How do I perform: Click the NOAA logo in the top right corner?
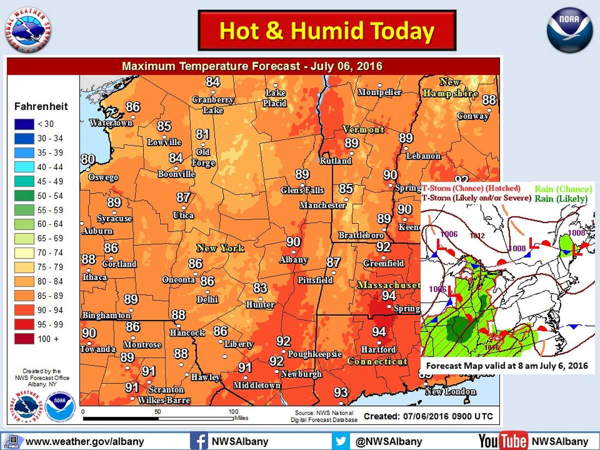pyautogui.click(x=569, y=30)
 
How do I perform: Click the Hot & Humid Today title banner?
pyautogui.click(x=327, y=30)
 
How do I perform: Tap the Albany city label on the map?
pyautogui.click(x=293, y=260)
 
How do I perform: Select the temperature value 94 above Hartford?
pyautogui.click(x=378, y=332)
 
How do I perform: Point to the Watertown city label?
pyautogui.click(x=111, y=123)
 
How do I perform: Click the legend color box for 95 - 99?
pyautogui.click(x=24, y=324)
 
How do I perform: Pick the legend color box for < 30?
pyautogui.click(x=24, y=124)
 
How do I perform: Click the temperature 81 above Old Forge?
pyautogui.click(x=202, y=134)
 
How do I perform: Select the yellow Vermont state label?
pyautogui.click(x=363, y=129)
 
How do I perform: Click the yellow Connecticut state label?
pyautogui.click(x=377, y=361)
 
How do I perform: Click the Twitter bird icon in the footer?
pyautogui.click(x=340, y=441)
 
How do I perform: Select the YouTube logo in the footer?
pyautogui.click(x=502, y=441)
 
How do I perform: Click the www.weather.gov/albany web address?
pyautogui.click(x=84, y=441)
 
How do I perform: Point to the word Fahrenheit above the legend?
pyautogui.click(x=41, y=106)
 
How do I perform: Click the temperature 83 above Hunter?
pyautogui.click(x=260, y=288)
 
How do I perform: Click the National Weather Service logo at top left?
pyautogui.click(x=28, y=30)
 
